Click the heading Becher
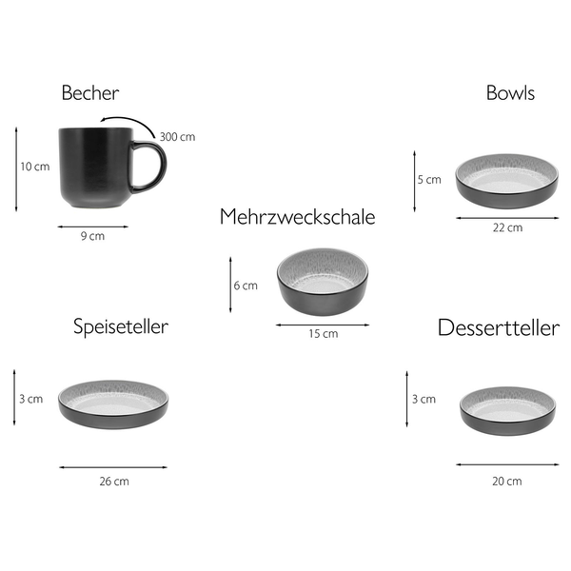tap(90, 93)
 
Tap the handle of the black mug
tap(149, 167)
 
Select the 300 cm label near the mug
tap(177, 137)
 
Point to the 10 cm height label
tap(35, 167)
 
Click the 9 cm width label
tap(92, 236)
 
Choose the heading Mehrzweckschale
tap(298, 217)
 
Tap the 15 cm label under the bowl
tap(324, 334)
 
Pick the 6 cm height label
tap(246, 285)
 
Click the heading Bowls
tap(510, 93)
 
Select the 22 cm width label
tap(507, 227)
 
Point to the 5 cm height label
tap(429, 180)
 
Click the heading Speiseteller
tap(121, 326)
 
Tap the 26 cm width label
tap(114, 482)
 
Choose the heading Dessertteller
tap(499, 327)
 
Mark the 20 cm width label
tap(507, 482)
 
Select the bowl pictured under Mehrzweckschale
tap(323, 282)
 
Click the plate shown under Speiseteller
tap(113, 404)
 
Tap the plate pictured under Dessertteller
tap(507, 411)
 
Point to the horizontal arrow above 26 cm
tap(113, 467)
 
